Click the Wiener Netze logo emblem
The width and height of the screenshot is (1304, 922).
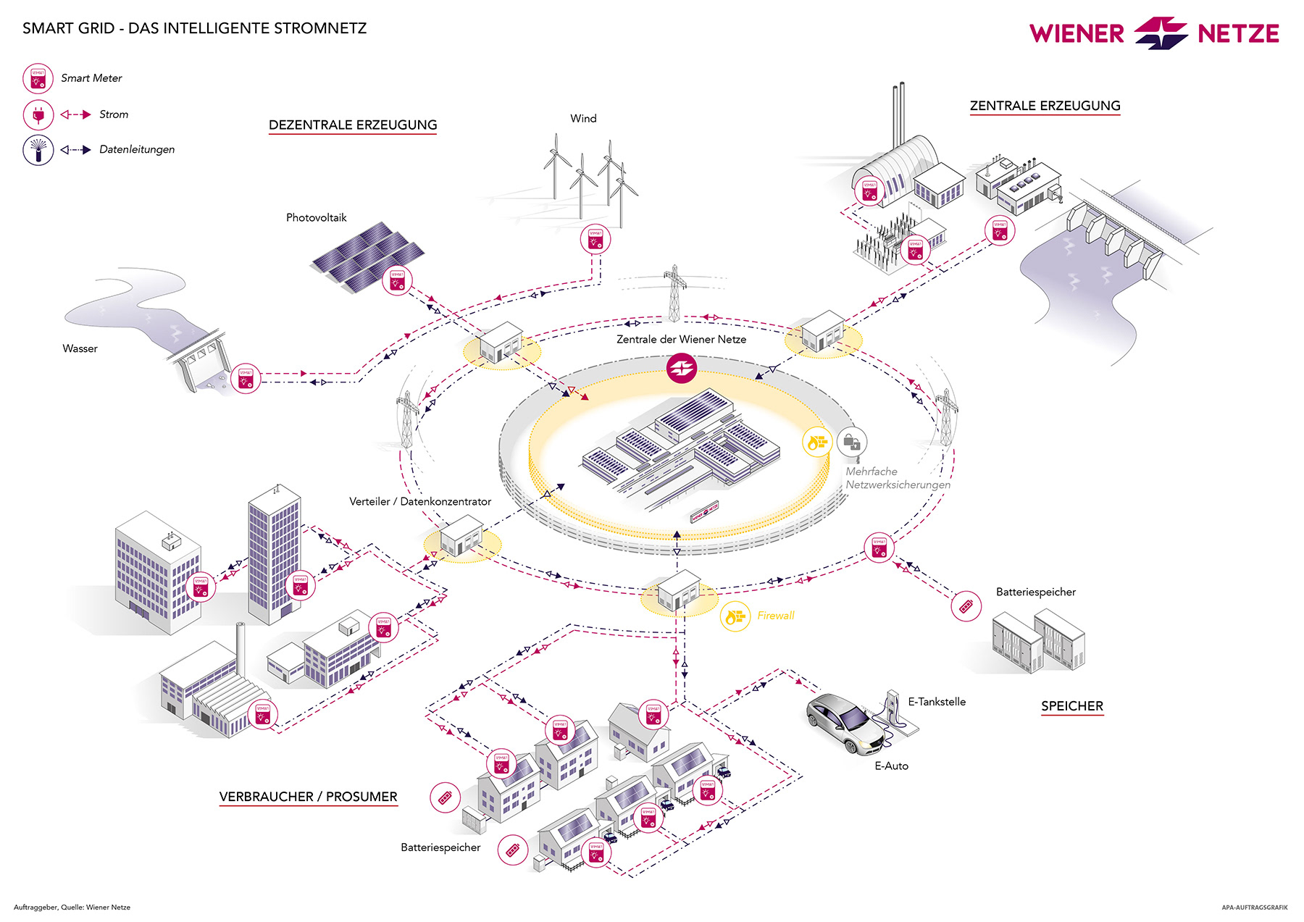tap(1161, 33)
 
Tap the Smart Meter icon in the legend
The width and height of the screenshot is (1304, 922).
tap(38, 78)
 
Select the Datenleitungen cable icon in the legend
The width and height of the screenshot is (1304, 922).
tap(38, 150)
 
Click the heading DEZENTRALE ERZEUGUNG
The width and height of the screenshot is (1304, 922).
tap(353, 125)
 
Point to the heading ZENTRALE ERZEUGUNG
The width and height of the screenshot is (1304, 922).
tap(1045, 106)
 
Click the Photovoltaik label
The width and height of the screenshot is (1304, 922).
tap(316, 217)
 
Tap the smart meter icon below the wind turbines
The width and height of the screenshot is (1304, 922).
tap(595, 239)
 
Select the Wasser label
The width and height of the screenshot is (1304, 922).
tap(80, 348)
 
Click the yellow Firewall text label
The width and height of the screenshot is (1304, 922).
tap(776, 616)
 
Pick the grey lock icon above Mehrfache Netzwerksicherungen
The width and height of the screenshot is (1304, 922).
tap(852, 442)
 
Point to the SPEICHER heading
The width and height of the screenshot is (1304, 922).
tap(1072, 706)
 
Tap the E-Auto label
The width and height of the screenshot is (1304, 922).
tap(891, 766)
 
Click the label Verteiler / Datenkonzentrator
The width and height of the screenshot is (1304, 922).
tap(420, 501)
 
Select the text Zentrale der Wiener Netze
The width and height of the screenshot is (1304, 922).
tap(681, 339)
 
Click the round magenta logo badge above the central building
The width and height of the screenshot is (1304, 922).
tap(681, 369)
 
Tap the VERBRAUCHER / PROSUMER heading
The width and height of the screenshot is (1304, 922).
tap(309, 797)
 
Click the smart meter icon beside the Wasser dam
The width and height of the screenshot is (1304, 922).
tap(246, 379)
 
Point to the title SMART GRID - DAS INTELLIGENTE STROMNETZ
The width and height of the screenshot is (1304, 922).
tap(194, 28)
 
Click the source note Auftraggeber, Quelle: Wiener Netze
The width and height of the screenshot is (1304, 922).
tap(72, 907)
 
